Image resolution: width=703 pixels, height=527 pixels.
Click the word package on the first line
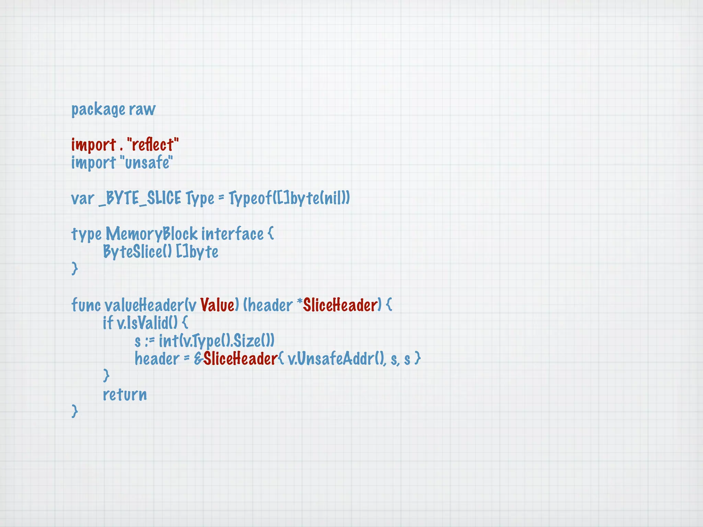click(98, 110)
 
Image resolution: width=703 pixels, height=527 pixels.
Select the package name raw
click(142, 110)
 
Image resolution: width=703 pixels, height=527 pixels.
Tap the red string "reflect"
click(153, 145)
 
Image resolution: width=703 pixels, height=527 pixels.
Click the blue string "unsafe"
click(147, 163)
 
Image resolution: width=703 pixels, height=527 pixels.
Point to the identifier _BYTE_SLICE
click(140, 198)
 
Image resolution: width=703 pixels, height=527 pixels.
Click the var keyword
click(82, 199)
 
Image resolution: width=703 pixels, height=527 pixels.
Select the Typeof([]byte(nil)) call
click(289, 198)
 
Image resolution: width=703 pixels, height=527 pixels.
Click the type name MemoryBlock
click(151, 234)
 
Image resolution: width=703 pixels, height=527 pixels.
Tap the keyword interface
click(232, 234)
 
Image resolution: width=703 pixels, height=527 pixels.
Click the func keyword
click(86, 305)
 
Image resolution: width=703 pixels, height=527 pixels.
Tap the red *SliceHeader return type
click(338, 305)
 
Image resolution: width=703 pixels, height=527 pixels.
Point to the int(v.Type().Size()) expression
click(216, 341)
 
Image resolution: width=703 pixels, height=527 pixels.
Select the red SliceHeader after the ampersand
click(240, 359)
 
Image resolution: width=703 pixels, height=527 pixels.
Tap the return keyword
click(125, 395)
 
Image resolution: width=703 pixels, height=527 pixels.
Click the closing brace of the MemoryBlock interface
click(74, 269)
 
